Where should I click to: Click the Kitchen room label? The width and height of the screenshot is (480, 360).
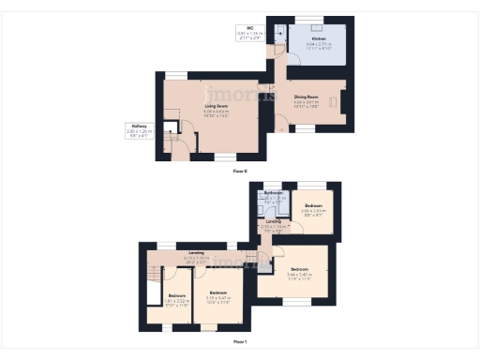pos(319,41)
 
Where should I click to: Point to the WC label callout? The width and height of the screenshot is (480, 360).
pos(251,34)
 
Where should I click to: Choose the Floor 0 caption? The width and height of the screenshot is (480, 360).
pos(239,171)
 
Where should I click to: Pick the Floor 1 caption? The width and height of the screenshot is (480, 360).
pos(239,341)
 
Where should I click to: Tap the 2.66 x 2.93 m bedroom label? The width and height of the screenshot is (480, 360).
pos(313,209)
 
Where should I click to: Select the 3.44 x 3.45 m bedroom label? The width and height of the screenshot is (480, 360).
pos(300,272)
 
